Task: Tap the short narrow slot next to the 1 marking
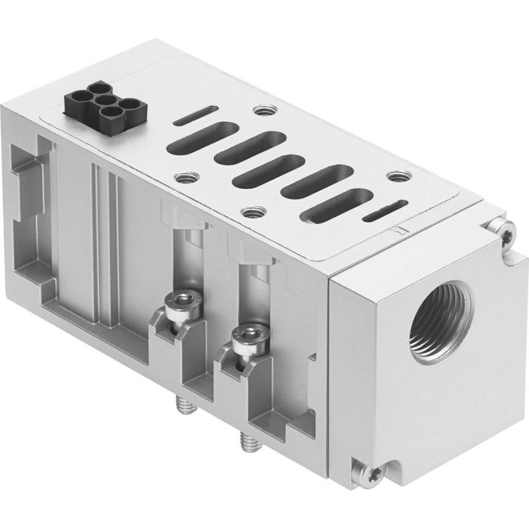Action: tap(381, 217)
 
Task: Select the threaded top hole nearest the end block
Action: tap(395, 178)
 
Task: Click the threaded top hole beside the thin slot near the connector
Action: tap(263, 111)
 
